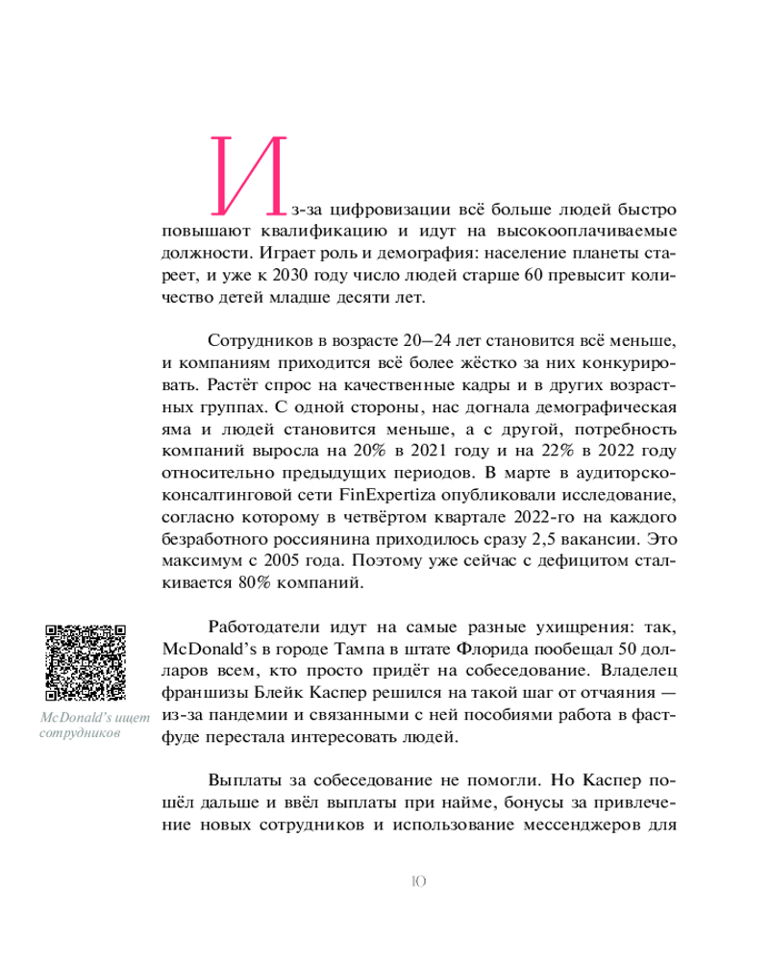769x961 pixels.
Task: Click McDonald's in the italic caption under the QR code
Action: [x=82, y=718]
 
